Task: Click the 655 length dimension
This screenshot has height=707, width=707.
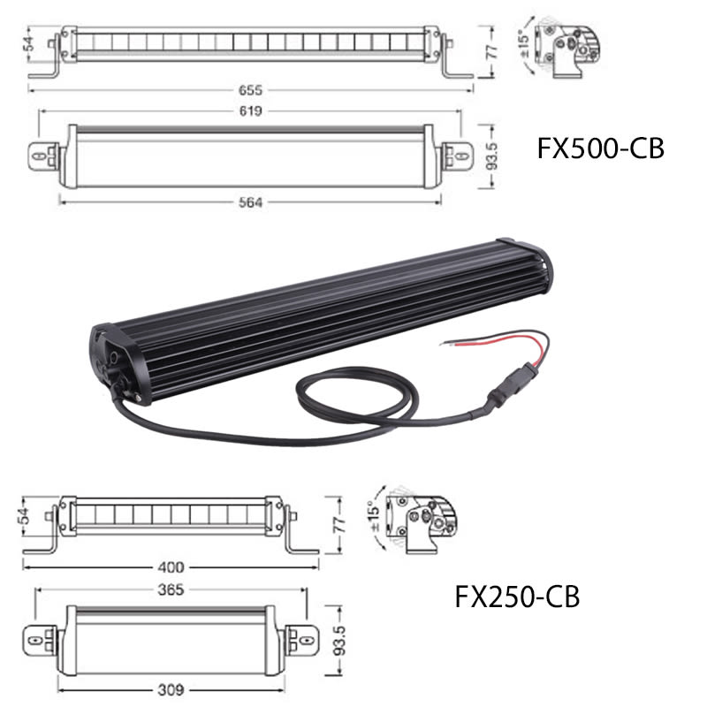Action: tap(250, 90)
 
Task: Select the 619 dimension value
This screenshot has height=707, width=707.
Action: tap(250, 111)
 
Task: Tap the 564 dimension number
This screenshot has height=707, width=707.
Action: tap(250, 202)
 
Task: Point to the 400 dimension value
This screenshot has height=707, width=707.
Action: tap(171, 567)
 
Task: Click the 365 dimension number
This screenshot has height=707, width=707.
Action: tap(171, 589)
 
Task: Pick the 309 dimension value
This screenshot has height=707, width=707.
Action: tap(171, 690)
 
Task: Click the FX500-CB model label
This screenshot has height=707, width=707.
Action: tap(601, 148)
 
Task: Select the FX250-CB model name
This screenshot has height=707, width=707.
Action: tap(517, 597)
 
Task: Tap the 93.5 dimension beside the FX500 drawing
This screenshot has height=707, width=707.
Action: tap(492, 156)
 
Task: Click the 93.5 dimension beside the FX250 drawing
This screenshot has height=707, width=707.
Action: tap(340, 640)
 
